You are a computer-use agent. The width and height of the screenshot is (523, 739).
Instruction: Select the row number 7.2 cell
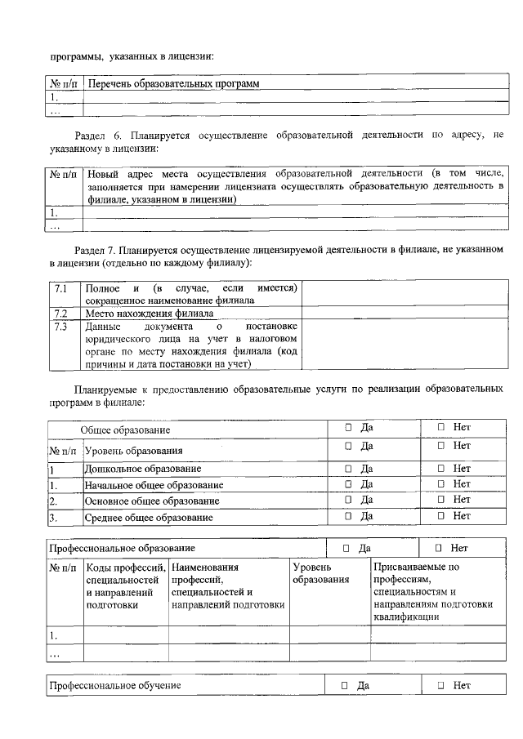[x=60, y=314]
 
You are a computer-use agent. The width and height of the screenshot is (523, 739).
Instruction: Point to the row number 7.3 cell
[x=60, y=327]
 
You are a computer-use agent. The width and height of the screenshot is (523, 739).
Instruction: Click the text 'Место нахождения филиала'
[x=150, y=314]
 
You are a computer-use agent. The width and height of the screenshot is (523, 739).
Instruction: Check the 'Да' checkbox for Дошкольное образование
[x=348, y=469]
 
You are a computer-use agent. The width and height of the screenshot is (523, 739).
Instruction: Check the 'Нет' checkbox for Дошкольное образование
[x=440, y=469]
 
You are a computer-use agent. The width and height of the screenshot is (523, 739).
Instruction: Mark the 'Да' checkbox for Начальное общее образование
[x=348, y=484]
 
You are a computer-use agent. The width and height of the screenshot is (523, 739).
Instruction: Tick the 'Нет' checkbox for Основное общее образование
[x=440, y=499]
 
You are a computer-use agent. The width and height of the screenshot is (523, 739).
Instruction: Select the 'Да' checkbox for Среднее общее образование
[x=348, y=515]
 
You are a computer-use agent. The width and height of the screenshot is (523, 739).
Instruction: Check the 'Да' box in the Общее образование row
[x=348, y=427]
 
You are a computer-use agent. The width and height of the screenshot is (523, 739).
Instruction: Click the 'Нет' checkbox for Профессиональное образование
[x=439, y=548]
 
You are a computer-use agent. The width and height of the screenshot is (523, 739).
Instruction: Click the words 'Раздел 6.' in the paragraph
[x=94, y=133]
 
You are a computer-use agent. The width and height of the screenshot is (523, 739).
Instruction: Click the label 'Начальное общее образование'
[x=154, y=485]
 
